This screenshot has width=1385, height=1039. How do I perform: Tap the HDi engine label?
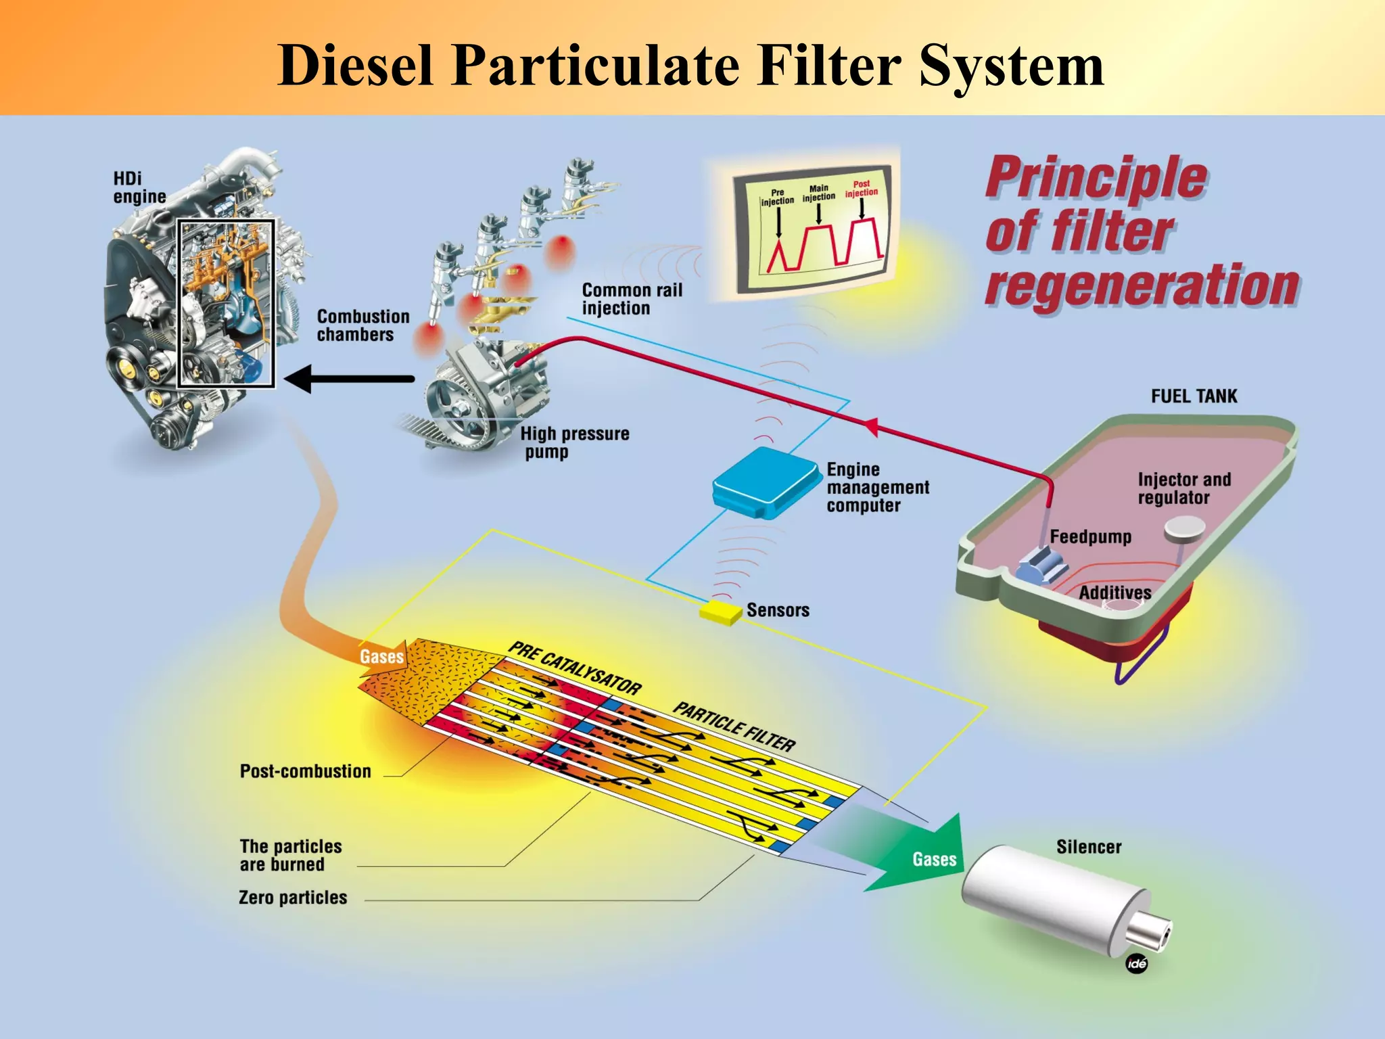pos(139,187)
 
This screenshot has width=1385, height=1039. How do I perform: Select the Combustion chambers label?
pos(363,325)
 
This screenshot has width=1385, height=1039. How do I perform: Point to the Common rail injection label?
pos(632,299)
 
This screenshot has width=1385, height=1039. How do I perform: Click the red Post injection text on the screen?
pos(861,188)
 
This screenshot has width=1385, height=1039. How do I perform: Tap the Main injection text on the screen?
pos(818,193)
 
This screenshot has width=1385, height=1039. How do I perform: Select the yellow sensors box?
pos(720,611)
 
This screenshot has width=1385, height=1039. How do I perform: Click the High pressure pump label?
pos(574,442)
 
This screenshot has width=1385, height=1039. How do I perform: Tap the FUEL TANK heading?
pos(1194,396)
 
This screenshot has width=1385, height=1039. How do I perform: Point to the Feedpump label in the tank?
pos(1090,537)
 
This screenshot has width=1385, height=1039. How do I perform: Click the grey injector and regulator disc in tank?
pos(1184,529)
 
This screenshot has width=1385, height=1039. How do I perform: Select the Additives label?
pos(1114,593)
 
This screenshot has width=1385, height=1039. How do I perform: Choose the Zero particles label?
pos(293,898)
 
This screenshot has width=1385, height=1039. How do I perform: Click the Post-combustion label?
pos(305,771)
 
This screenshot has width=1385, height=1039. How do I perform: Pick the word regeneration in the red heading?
pos(1142,285)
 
